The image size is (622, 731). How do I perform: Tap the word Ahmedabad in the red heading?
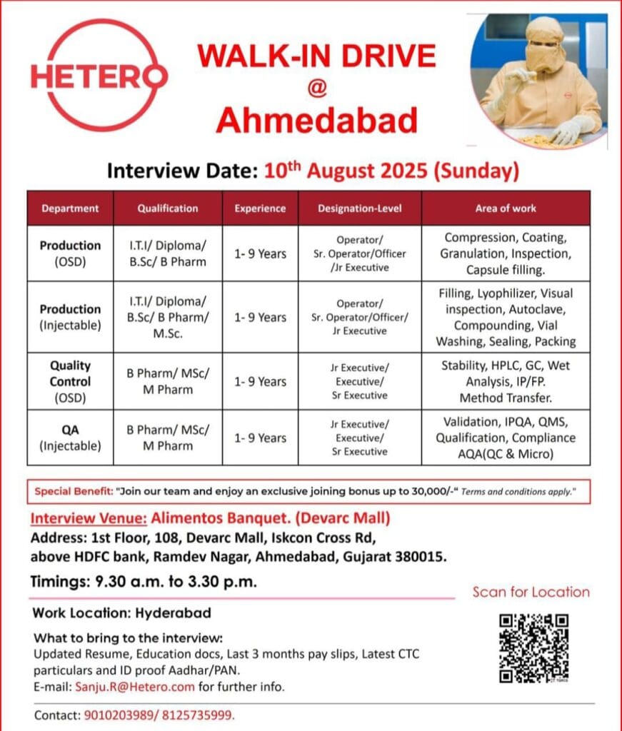316,121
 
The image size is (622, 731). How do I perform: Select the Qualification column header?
168,208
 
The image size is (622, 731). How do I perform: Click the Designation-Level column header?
359,208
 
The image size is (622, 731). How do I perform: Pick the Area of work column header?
506,208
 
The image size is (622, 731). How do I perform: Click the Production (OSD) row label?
70,253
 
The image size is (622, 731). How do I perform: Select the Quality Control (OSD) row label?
70,381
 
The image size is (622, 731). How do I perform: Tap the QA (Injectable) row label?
70,438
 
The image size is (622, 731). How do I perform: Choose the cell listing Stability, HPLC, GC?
506,381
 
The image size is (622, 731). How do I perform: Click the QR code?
533,647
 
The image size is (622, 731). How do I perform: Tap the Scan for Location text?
531,592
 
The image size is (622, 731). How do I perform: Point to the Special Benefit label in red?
72,492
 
